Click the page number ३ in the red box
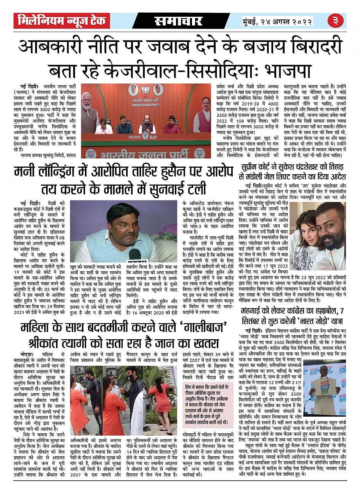(336, 21)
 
